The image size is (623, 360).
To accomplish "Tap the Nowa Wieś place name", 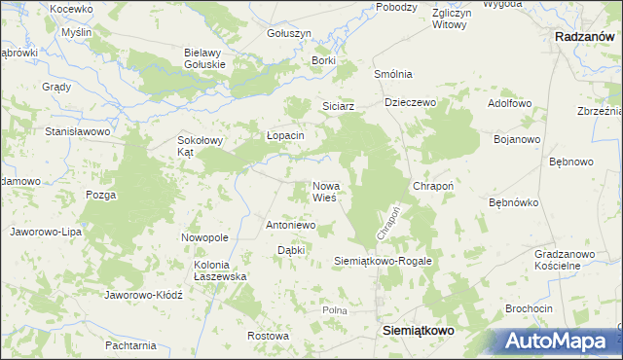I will pyautogui.click(x=324, y=192).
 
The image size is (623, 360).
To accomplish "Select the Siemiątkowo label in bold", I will pyautogui.click(x=416, y=331).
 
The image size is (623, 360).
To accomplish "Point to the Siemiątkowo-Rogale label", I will pyautogui.click(x=383, y=262).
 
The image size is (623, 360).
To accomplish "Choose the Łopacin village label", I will pyautogui.click(x=285, y=135).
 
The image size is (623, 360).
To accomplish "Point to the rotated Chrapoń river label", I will pyautogui.click(x=386, y=224).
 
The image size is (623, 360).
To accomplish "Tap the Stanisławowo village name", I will pyautogui.click(x=81, y=130).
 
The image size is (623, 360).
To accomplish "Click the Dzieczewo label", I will pyautogui.click(x=410, y=101).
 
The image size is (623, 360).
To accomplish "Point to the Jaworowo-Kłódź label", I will pyautogui.click(x=143, y=294).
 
